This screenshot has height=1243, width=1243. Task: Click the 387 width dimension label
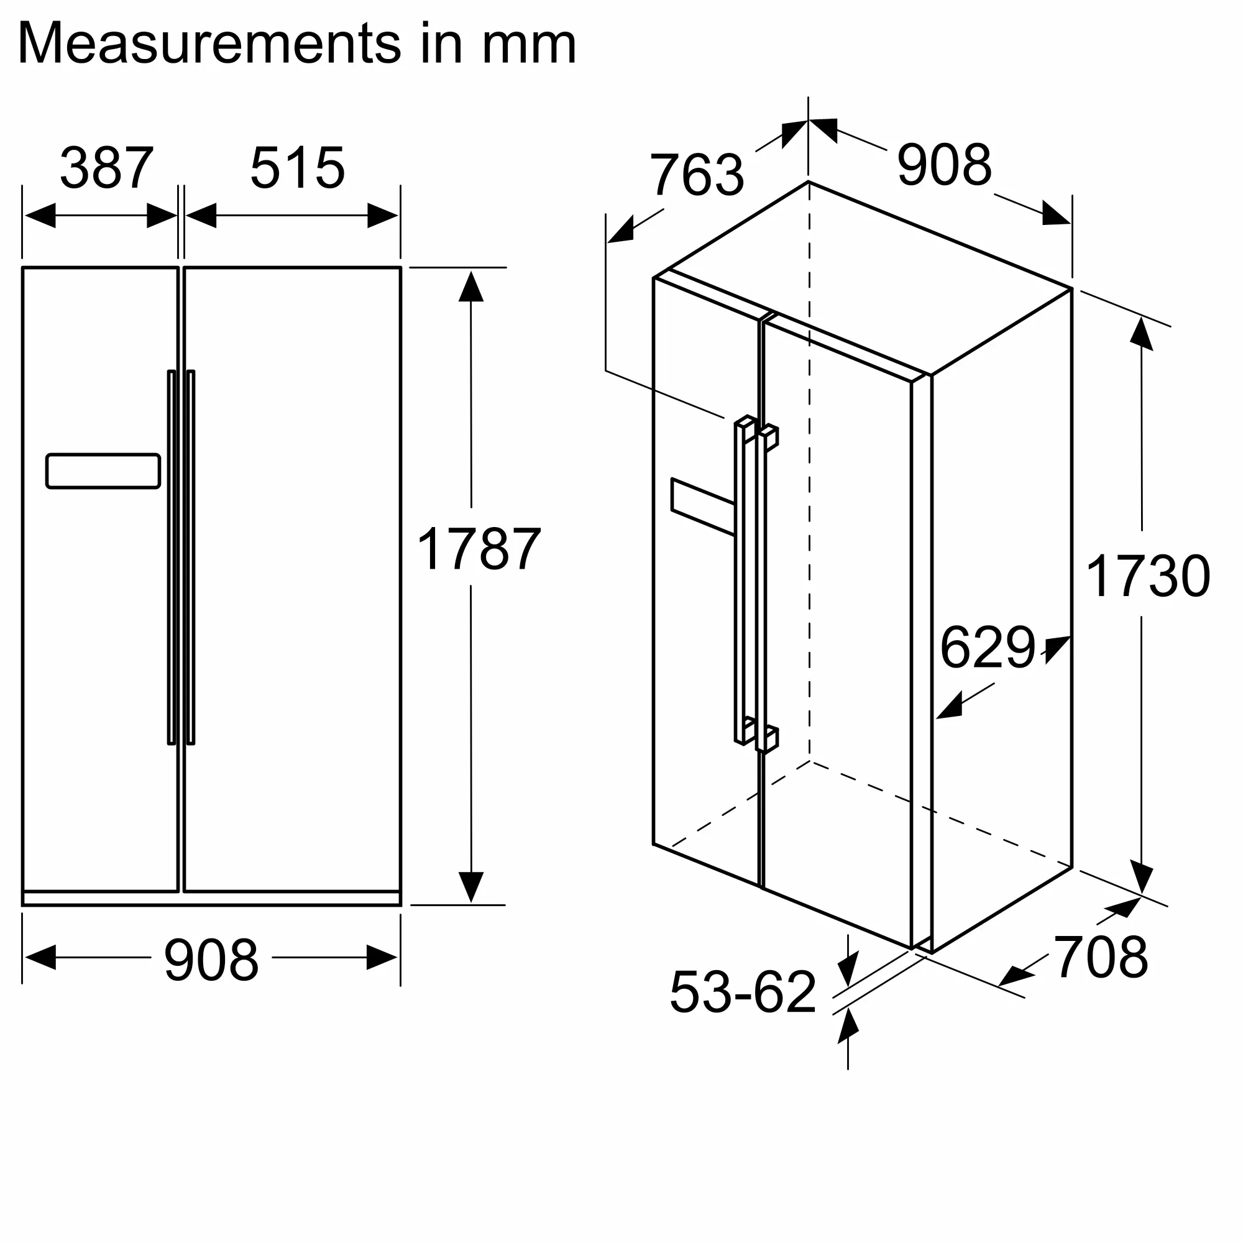point(107,168)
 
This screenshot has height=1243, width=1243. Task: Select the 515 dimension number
point(297,168)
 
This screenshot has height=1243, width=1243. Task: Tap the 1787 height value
point(479,549)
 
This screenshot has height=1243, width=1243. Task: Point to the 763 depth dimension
point(697,175)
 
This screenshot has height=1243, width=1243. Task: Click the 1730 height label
point(1148,576)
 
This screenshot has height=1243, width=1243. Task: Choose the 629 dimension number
point(988,647)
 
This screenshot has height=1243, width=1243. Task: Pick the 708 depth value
point(1101,957)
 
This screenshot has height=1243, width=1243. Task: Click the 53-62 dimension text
point(743,992)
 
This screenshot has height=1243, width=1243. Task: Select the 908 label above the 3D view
point(945,165)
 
